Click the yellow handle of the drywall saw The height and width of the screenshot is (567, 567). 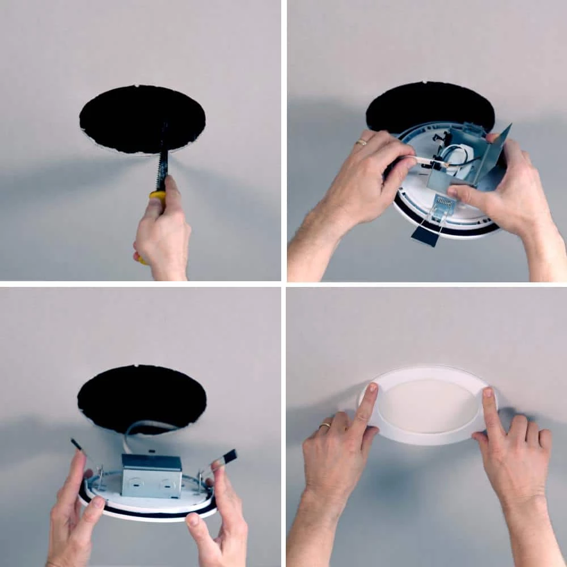[x=157, y=198]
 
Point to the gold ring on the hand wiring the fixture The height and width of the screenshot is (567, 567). [x=361, y=142]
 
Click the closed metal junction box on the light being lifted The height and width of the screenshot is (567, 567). [x=152, y=475]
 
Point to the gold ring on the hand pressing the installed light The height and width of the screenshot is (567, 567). [x=325, y=425]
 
